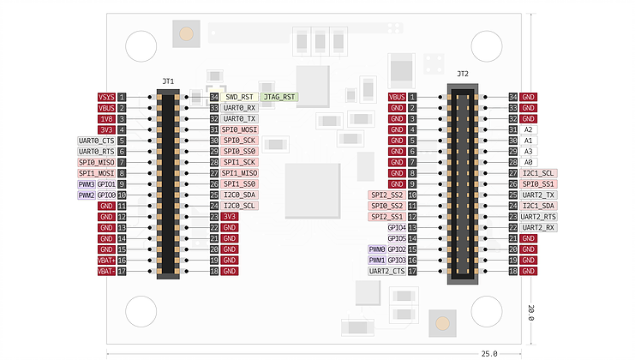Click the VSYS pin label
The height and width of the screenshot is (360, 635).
point(106,97)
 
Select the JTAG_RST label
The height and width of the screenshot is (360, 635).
point(279,97)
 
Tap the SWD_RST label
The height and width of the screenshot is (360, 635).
point(239,97)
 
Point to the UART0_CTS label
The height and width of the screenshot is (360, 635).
point(96,141)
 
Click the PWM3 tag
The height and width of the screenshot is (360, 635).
point(87,184)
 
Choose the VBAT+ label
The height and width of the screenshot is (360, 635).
point(106,261)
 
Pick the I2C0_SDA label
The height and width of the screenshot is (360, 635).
point(239,195)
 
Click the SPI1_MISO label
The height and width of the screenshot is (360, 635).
point(239,173)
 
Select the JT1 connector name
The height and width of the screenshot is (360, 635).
point(168,81)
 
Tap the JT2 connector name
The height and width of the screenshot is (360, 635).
point(463,74)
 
